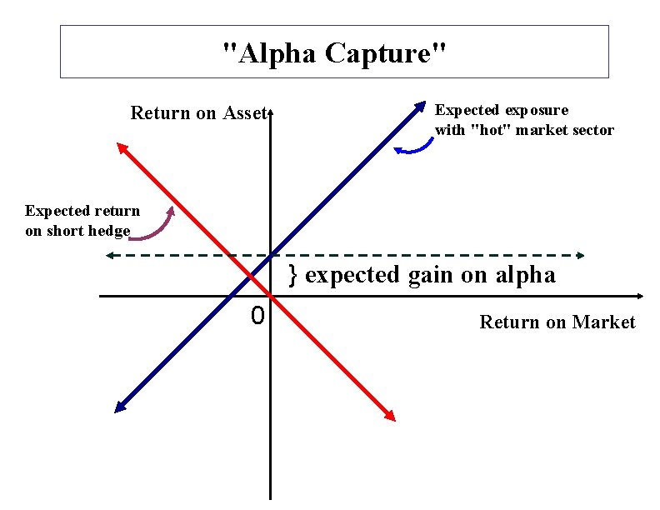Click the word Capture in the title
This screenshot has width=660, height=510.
click(386, 53)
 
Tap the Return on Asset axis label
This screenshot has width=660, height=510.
click(197, 112)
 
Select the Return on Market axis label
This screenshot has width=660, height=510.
click(557, 322)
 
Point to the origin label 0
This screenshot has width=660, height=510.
click(257, 317)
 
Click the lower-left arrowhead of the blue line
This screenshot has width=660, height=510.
click(119, 407)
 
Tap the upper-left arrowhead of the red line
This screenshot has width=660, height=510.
click(122, 147)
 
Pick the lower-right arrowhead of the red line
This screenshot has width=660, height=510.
click(390, 414)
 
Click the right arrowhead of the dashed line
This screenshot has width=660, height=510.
click(580, 255)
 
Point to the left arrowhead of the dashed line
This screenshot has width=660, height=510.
click(109, 255)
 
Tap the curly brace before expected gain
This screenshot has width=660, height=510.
click(293, 273)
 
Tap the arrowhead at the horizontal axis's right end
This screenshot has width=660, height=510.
click(639, 296)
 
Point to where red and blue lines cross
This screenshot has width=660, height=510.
click(251, 275)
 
